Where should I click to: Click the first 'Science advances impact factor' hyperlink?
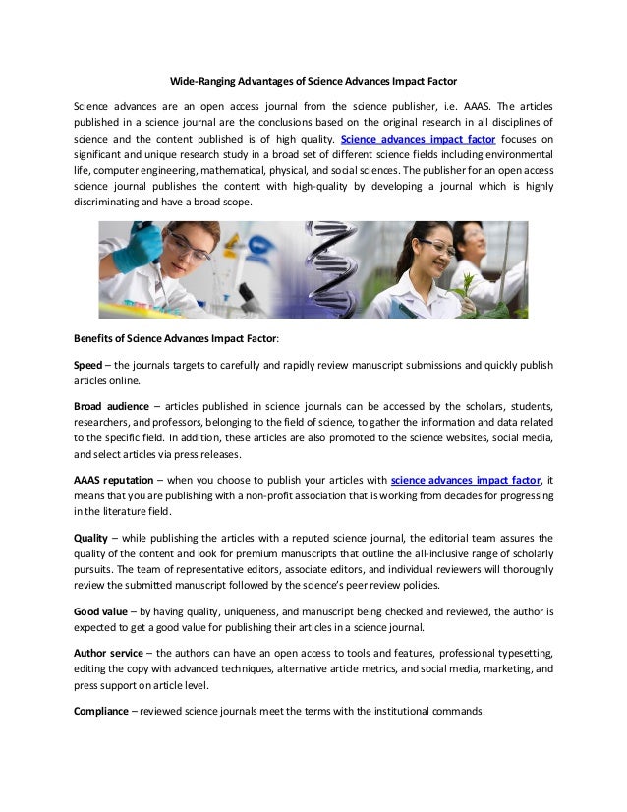(418, 139)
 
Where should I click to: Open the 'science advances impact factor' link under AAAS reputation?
(466, 480)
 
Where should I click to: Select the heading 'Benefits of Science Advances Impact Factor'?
(176, 339)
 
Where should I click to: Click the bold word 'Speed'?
(87, 365)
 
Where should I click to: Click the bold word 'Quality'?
(93, 538)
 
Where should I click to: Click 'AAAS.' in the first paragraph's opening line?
(478, 105)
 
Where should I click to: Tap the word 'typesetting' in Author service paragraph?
(522, 653)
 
